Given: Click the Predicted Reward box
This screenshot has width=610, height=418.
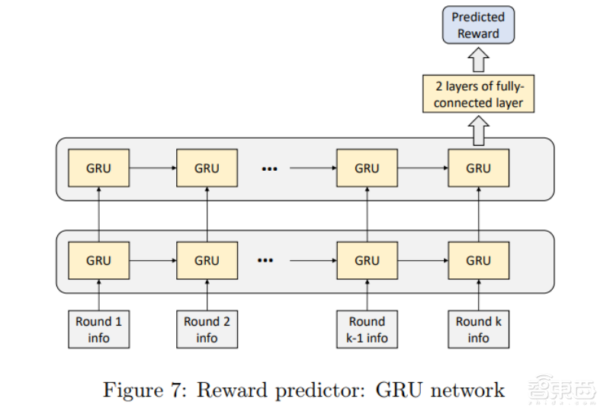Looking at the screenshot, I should (478, 25).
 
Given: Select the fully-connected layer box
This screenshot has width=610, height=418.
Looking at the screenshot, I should (479, 95).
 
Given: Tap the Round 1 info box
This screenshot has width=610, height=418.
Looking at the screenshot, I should (98, 329).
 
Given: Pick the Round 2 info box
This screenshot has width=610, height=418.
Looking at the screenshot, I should (207, 329).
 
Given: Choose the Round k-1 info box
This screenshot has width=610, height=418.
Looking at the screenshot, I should (367, 329).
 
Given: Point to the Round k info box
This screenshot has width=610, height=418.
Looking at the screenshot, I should (478, 329).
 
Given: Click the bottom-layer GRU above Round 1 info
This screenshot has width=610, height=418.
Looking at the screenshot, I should (98, 261).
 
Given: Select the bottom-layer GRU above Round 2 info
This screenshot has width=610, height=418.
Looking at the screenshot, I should (207, 261).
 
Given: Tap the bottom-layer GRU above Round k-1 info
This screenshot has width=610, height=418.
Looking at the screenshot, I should (367, 261).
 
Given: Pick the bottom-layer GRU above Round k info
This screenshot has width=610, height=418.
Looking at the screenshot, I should (478, 261).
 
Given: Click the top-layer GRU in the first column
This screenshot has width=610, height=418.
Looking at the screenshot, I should (98, 168).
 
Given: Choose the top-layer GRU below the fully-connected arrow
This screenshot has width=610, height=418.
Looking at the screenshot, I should (478, 168).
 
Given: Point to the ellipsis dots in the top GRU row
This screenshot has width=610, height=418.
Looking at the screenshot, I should (269, 169).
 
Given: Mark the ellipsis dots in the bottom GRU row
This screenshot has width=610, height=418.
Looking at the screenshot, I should (265, 261).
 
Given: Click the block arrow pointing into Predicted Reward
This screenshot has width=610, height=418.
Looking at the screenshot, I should (478, 59).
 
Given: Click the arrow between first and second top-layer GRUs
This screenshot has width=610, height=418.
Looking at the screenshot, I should (152, 168).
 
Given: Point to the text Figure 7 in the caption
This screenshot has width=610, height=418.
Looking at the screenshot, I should (145, 391).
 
